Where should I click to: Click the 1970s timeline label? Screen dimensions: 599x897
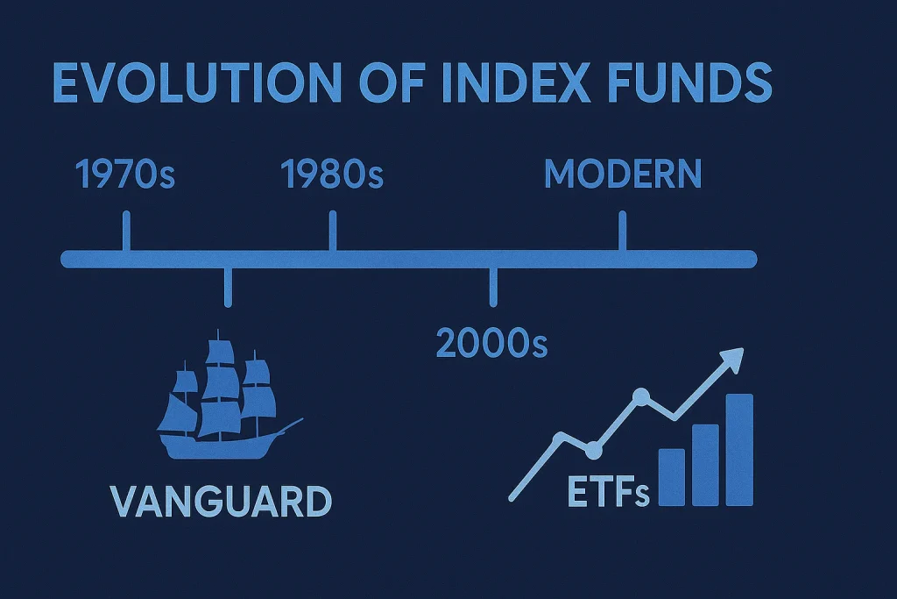(x=126, y=175)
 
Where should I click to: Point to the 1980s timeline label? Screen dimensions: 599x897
(x=332, y=175)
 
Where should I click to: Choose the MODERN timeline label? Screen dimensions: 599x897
(x=623, y=175)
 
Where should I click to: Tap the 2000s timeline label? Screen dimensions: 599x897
(x=491, y=343)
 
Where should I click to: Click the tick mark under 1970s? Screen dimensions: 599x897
(x=126, y=230)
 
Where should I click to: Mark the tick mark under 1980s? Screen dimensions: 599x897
(x=332, y=230)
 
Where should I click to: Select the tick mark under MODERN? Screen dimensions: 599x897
(x=623, y=230)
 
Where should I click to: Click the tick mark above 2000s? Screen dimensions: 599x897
(x=492, y=287)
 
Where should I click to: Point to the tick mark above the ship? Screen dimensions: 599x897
(x=228, y=287)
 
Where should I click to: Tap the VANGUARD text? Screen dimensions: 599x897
(x=222, y=501)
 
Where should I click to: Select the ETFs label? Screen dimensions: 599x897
(x=608, y=494)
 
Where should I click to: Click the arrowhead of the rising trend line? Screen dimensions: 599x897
(x=732, y=357)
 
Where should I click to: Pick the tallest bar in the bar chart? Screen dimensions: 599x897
(x=739, y=449)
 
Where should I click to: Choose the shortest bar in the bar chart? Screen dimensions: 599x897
(x=671, y=477)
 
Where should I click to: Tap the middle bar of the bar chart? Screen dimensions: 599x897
(x=705, y=465)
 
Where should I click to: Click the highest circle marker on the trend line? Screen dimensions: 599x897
(x=641, y=398)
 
